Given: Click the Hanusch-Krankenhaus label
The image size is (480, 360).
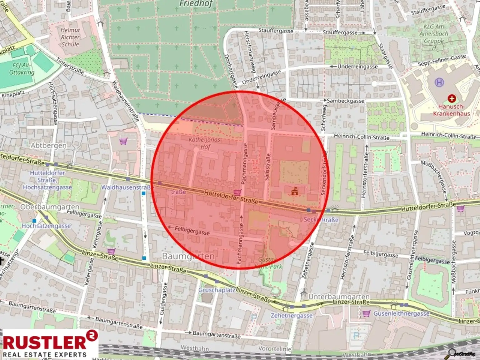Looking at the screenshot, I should point(451,110).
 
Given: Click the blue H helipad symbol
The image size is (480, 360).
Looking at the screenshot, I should point(439,82).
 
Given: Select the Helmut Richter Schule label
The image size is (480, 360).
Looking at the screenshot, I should point(70,37).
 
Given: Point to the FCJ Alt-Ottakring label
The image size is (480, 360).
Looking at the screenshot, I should point(22,69).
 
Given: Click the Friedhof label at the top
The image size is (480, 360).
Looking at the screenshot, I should point(196,4).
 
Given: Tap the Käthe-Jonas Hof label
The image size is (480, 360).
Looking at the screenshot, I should point(205,143).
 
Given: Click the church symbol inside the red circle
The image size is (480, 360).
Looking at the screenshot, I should point(294,191).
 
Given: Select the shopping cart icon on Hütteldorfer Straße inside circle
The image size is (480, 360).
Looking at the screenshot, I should point(237,192).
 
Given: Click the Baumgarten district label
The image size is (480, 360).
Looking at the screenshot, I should point(188,257).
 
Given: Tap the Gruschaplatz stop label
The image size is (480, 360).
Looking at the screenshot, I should point(217,290).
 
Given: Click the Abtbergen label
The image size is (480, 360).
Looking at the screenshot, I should point(48,145).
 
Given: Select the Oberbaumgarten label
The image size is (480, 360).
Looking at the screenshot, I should point(50,207).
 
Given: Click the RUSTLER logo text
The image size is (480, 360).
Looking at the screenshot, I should point(45,342).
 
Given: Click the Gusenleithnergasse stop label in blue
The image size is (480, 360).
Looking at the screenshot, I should point(401,313).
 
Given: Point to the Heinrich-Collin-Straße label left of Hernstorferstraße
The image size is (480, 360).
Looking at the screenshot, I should point(362,137).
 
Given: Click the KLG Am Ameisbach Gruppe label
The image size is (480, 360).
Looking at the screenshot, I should point(433,34).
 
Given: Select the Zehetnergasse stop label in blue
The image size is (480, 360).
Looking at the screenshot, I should point(291,315).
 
